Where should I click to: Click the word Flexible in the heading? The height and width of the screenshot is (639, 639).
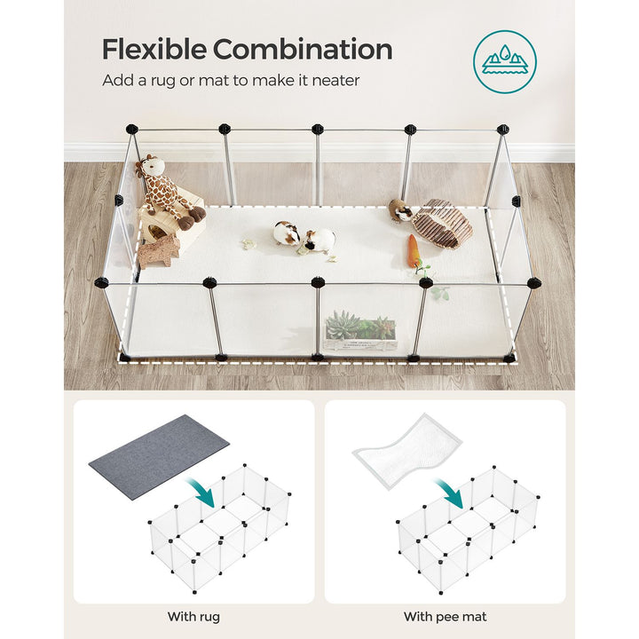154,50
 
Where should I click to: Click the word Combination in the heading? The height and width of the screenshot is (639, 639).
303,50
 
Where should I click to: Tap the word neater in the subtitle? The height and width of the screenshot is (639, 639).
335,80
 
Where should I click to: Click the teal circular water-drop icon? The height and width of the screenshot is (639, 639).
504,61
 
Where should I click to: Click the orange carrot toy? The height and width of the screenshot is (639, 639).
414,250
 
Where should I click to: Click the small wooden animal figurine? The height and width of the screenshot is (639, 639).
159,250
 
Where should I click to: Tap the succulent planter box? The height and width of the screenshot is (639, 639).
360,331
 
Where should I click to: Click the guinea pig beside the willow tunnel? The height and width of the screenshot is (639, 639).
400,210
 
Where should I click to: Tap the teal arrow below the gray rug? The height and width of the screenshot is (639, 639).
201,493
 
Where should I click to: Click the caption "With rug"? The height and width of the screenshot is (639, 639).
193,616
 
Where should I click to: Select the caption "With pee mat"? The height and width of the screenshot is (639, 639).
445,616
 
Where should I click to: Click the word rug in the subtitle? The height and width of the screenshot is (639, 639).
163,81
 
